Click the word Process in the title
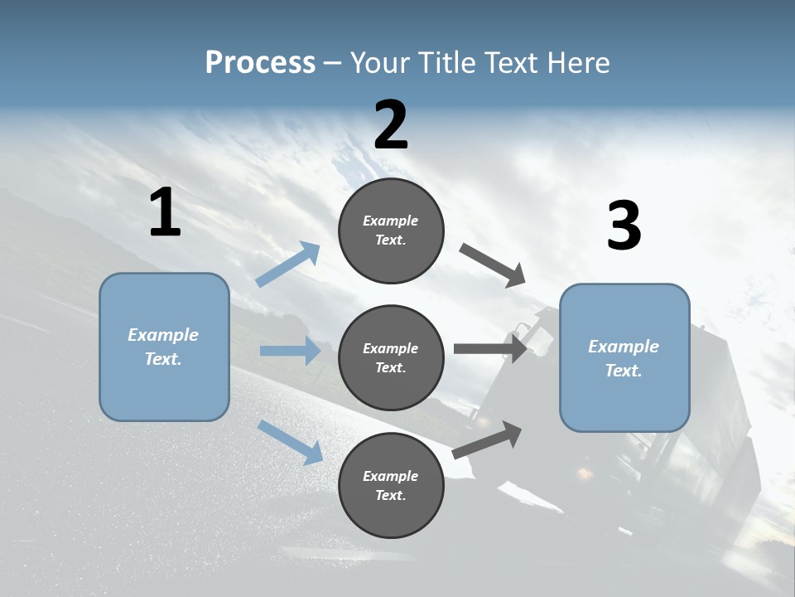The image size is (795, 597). pyautogui.click(x=260, y=63)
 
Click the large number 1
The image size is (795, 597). pyautogui.click(x=165, y=212)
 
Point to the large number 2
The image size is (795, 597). pyautogui.click(x=391, y=125)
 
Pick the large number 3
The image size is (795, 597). pyautogui.click(x=624, y=226)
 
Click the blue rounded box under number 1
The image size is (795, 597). pyautogui.click(x=164, y=347)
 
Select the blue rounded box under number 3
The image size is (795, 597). pyautogui.click(x=624, y=357)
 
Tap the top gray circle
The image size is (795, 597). pyautogui.click(x=391, y=231)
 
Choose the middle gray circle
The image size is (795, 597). pyautogui.click(x=391, y=357)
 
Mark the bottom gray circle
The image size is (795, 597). pyautogui.click(x=391, y=485)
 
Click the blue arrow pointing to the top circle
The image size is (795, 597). pyautogui.click(x=287, y=265)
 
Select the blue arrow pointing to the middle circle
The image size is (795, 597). pyautogui.click(x=290, y=351)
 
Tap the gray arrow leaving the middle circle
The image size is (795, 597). pyautogui.click(x=490, y=349)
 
